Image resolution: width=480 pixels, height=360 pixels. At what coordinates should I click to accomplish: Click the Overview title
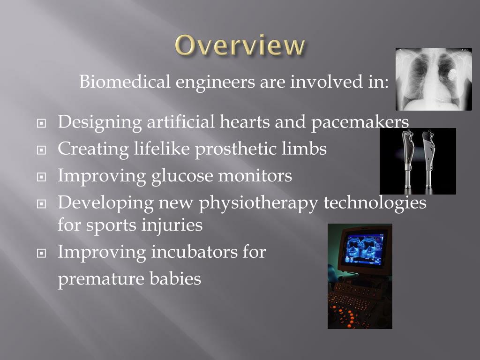point(240,45)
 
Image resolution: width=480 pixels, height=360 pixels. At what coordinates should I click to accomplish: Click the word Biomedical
point(125,82)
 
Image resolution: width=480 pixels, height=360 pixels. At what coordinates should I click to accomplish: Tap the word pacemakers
point(360,122)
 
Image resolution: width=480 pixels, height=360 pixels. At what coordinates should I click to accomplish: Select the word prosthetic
point(236,149)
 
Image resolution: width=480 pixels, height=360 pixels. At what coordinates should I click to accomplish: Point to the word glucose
point(182,176)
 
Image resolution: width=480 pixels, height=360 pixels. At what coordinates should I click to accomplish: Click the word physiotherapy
point(259,203)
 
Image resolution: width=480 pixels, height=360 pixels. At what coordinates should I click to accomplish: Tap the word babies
point(175,278)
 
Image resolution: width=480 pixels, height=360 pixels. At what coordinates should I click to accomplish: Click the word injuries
point(172,225)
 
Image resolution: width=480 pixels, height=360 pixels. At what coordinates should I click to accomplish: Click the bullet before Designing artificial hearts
point(41,123)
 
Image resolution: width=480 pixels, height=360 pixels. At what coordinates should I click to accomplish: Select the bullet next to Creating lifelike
point(41,150)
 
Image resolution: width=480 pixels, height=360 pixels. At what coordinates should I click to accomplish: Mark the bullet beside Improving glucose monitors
point(41,177)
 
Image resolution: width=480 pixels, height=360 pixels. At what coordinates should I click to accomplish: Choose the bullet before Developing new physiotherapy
point(41,204)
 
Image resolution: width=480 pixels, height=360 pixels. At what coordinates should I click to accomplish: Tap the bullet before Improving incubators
point(41,253)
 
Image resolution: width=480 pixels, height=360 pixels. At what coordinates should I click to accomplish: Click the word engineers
point(215,82)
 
